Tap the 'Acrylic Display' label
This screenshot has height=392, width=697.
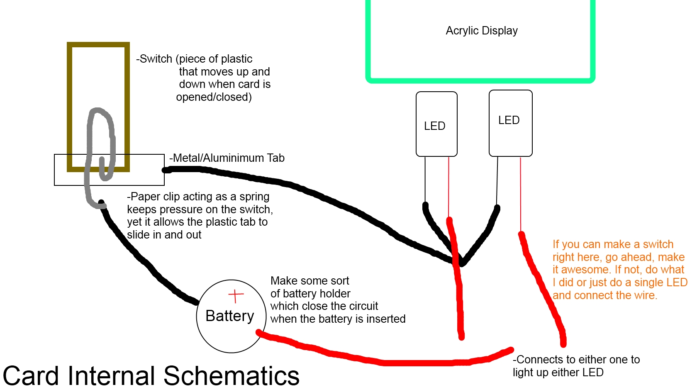[481, 31]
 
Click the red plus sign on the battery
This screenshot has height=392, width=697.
[236, 296]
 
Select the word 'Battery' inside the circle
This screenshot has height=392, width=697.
[229, 316]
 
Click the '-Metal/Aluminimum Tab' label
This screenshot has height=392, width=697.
[227, 158]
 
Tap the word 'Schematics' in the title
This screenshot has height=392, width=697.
[231, 376]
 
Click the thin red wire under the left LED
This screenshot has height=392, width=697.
[448, 187]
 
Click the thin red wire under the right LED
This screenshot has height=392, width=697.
[520, 195]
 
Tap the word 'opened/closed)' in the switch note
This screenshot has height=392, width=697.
[214, 97]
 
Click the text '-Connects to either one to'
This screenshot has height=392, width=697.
[576, 360]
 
